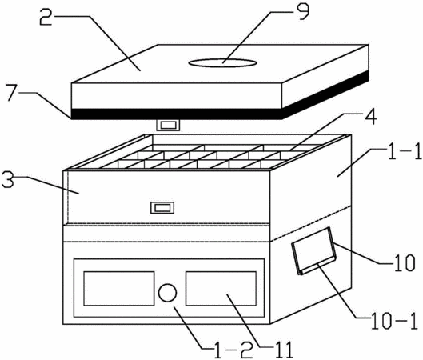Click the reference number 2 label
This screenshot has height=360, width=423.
pos(46,17)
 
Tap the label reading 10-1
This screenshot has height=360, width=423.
pos(394,321)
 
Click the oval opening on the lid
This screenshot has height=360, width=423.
pos(222,63)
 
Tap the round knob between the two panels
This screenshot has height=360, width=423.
pos(168,293)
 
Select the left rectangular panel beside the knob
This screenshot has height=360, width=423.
pos(119,289)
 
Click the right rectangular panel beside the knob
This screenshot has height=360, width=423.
pos(221,289)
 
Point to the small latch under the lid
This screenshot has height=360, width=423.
pos(168,125)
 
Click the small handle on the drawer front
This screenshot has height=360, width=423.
pos(162,208)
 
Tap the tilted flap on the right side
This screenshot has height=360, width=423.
pos(314,250)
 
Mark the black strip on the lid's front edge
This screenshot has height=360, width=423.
pos(177,114)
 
